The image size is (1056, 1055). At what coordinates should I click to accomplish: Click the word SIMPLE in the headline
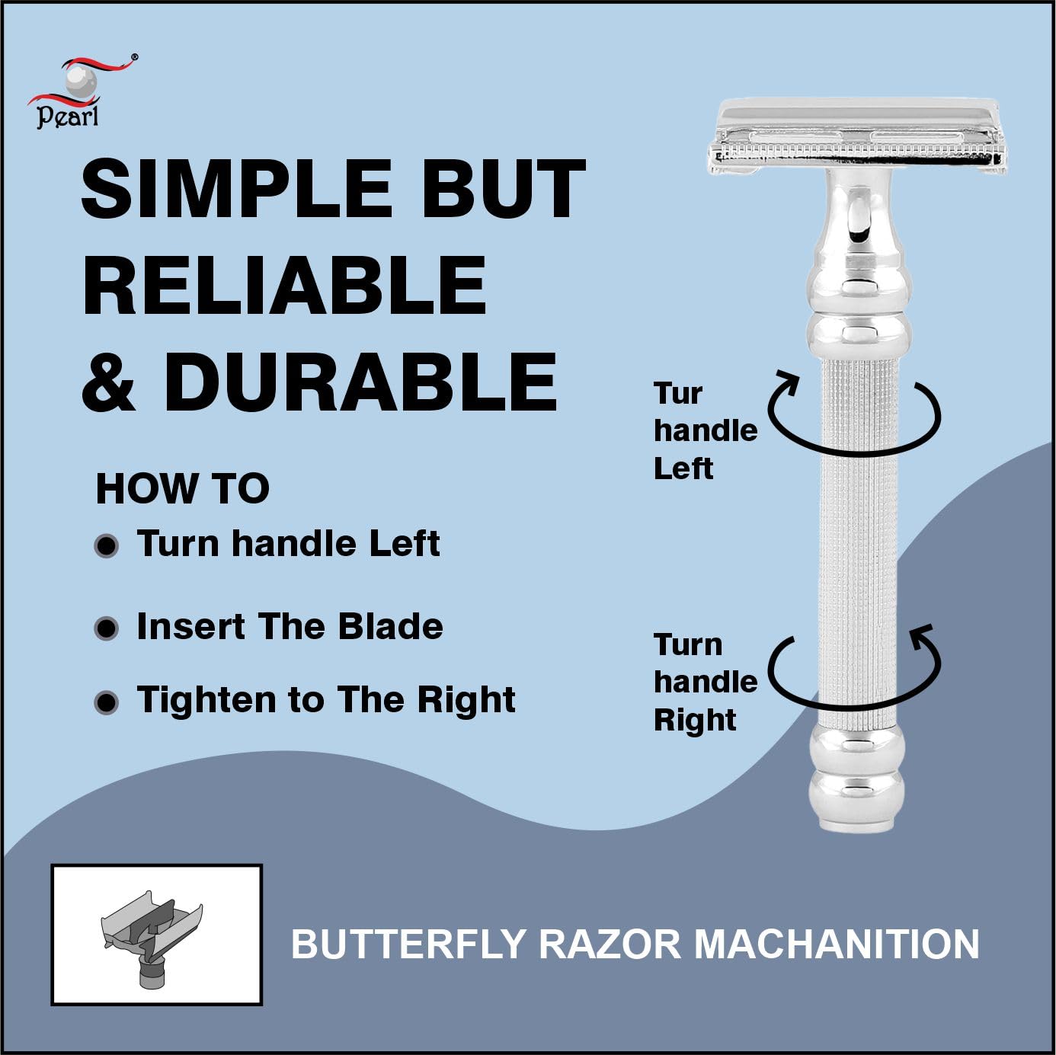pos(235,189)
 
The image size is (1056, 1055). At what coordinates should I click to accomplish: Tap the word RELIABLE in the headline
pos(284,286)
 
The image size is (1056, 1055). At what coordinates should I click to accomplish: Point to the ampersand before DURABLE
pos(108,382)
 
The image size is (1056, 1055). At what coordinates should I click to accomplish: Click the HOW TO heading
pos(183,489)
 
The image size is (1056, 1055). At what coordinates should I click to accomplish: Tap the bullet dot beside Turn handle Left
pos(107,546)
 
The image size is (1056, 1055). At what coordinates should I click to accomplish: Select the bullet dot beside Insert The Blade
pos(107,628)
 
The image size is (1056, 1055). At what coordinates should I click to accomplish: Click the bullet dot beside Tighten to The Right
pos(107,702)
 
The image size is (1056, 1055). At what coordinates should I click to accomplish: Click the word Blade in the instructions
pos(390,626)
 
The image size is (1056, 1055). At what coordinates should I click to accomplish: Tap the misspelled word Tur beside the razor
pos(678,393)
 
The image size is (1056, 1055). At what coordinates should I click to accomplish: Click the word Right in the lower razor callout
pos(695,720)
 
